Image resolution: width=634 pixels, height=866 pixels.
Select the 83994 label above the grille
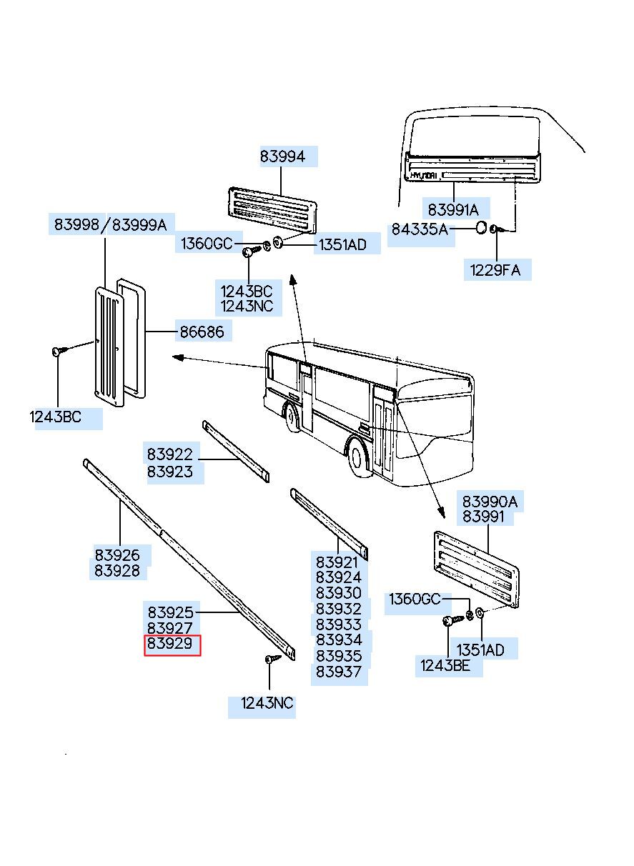click(x=282, y=156)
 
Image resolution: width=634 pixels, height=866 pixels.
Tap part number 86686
click(x=202, y=332)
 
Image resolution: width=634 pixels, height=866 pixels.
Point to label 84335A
click(x=420, y=229)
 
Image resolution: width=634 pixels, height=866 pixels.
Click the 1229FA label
click(x=495, y=270)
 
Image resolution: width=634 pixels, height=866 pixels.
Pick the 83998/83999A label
click(x=110, y=224)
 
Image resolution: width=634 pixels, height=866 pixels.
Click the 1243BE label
click(x=445, y=665)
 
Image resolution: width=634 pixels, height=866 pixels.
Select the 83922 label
click(x=170, y=454)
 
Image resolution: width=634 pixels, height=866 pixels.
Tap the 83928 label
click(x=117, y=571)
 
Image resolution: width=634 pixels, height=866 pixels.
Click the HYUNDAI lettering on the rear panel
click(x=424, y=176)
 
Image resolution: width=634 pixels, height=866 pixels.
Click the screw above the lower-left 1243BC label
click(x=59, y=351)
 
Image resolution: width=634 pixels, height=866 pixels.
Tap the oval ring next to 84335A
click(x=481, y=228)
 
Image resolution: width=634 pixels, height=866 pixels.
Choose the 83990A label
click(x=490, y=502)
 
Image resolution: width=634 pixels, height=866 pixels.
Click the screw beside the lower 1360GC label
click(x=452, y=619)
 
